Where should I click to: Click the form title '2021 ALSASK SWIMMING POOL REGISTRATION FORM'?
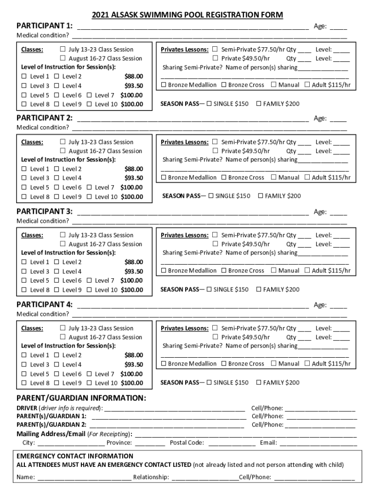[187, 15]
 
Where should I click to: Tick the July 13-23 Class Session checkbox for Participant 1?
[63, 49]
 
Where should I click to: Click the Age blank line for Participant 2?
[338, 118]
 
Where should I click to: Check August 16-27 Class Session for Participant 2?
[63, 151]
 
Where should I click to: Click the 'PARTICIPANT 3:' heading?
[45, 211]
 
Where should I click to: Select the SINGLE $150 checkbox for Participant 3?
[209, 289]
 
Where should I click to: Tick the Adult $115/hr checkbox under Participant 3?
[307, 270]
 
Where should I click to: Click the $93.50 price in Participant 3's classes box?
[133, 271]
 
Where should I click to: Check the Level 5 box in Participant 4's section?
[24, 374]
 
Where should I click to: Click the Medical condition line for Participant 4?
[209, 314]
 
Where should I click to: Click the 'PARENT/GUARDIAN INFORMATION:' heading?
[81, 398]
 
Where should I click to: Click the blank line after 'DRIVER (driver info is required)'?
[175, 408]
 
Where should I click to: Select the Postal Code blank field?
[232, 443]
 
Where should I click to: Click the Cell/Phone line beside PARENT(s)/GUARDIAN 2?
[320, 425]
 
